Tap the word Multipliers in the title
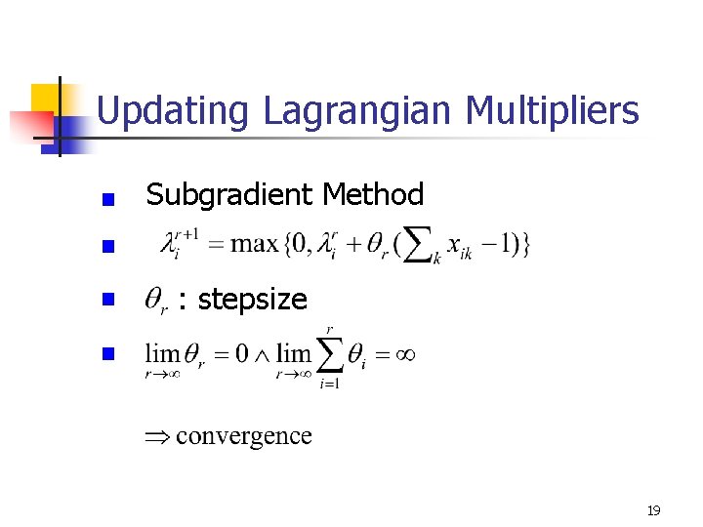(553, 111)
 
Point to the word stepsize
(252, 299)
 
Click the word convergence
(244, 435)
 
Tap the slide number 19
(653, 510)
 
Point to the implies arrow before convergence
(159, 436)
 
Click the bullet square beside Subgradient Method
(109, 198)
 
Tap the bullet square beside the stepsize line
(109, 300)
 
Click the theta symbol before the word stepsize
(156, 300)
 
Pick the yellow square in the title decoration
(46, 98)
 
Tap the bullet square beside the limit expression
(109, 352)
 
